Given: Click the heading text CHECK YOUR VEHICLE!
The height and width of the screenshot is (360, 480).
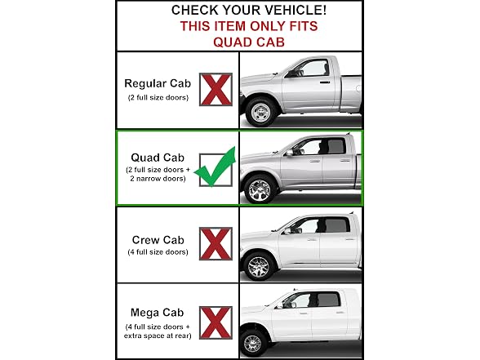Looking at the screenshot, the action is tap(249, 10).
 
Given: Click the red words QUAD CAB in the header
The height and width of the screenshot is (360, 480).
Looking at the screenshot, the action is tap(249, 42).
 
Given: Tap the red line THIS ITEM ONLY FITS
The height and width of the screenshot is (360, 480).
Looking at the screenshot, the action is tap(249, 26).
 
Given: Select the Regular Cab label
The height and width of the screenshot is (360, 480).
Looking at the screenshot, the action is tap(158, 83).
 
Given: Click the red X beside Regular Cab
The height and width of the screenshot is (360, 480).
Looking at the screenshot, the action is tap(216, 90).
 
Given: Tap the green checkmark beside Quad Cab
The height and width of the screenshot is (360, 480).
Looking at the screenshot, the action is tap(216, 167).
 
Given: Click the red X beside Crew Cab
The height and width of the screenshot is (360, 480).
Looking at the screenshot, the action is tap(216, 243).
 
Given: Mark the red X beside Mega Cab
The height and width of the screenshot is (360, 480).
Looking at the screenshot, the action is tap(216, 322).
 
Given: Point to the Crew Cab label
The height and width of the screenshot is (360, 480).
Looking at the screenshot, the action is tap(158, 240).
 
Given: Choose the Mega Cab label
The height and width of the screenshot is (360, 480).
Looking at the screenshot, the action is tap(157, 313).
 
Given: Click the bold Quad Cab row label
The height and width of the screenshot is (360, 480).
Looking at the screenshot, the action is tap(158, 158).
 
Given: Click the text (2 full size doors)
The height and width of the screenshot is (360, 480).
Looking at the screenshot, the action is tap(158, 98).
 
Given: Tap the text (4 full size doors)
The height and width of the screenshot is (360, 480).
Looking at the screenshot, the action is tap(158, 252).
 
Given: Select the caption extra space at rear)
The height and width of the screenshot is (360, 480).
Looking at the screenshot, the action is tap(158, 336).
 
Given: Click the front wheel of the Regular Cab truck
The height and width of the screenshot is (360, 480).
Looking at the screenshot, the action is tap(261, 113).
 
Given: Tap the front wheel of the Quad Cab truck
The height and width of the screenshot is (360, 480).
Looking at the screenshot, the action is tap(260, 189).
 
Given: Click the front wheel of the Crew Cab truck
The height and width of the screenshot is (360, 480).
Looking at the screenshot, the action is tap(259, 267).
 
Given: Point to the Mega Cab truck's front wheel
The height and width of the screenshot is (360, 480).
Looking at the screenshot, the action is tap(253, 343).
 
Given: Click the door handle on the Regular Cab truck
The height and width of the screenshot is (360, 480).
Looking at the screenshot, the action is tap(325, 82).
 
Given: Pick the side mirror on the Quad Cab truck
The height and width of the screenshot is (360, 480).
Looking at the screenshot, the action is tap(289, 152).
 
